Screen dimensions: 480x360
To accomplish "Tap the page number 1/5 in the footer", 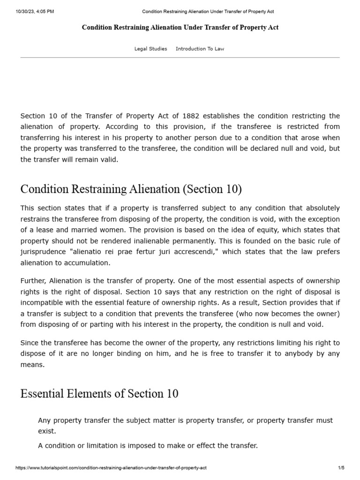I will (x=341, y=468).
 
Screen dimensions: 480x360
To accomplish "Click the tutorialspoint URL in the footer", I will (x=111, y=468).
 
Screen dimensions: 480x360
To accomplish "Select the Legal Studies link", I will (x=150, y=49).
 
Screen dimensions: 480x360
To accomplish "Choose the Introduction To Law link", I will (x=200, y=49).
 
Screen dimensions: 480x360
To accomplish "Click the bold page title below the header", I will (x=180, y=28).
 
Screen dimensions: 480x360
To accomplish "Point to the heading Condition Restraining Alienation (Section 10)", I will (x=131, y=189).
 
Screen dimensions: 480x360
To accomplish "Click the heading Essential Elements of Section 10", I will (x=99, y=393).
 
